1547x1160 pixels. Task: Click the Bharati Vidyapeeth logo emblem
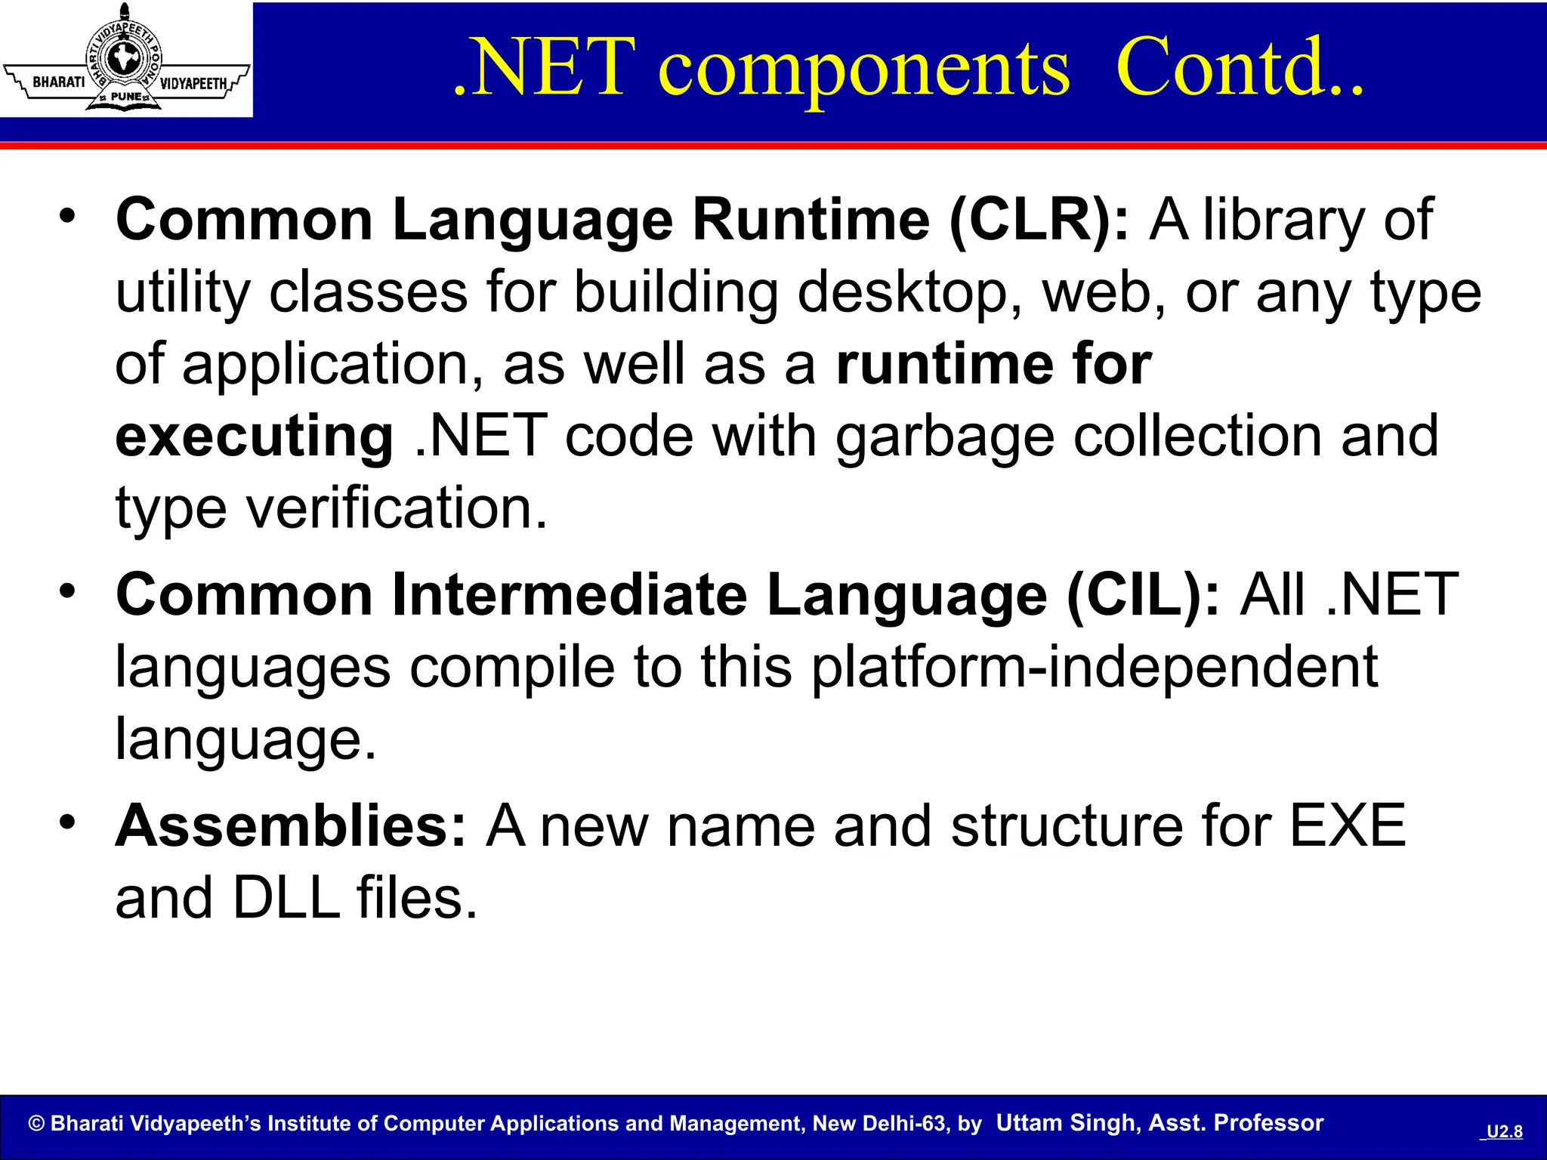click(125, 59)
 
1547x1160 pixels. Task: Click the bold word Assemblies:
click(292, 826)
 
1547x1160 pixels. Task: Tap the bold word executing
click(255, 437)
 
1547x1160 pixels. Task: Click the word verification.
click(396, 508)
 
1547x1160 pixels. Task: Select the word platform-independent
click(1095, 668)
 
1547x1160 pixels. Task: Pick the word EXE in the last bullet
click(1347, 826)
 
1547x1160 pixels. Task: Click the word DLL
click(286, 898)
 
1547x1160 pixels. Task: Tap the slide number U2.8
click(1504, 1131)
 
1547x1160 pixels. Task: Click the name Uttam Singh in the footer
click(1066, 1123)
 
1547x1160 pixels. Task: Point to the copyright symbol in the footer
click(36, 1124)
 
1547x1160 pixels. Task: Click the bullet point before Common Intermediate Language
click(68, 591)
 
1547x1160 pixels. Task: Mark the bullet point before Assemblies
click(68, 822)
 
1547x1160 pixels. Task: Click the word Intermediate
click(570, 595)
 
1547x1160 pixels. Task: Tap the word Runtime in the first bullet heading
click(811, 220)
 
